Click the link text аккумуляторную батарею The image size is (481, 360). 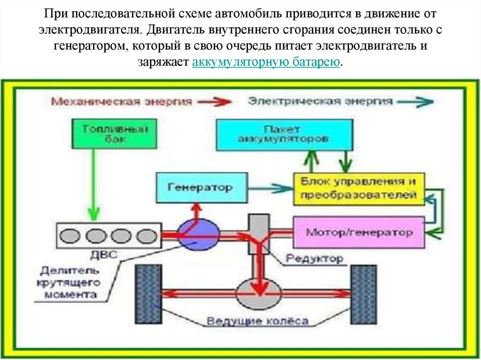(265, 62)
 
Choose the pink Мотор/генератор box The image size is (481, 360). (359, 232)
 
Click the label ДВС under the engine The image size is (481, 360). (112, 256)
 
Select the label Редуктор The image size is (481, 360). (314, 258)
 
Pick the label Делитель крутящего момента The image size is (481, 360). (70, 283)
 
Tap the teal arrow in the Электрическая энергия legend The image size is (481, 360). (415, 101)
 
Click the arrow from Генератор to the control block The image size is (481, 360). (271, 188)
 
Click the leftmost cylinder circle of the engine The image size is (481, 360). (72, 235)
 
